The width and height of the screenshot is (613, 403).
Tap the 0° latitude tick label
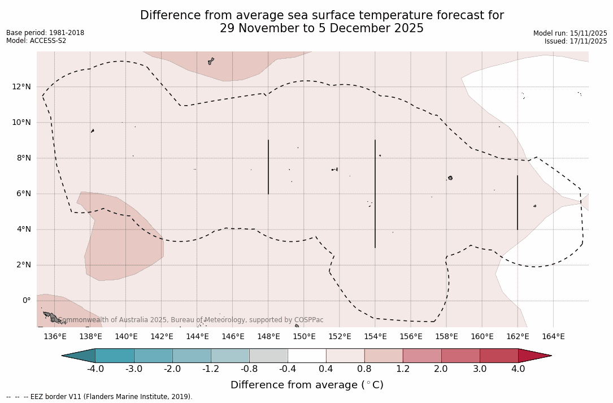27,301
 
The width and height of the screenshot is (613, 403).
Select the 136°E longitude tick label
55,337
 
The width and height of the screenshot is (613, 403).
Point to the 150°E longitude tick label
304,337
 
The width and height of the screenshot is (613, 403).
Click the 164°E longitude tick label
553,337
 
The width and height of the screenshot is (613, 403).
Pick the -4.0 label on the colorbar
95,369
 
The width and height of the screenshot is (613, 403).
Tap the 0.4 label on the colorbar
326,369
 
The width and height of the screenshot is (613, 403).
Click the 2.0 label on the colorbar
441,369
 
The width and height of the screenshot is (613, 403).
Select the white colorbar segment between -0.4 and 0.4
307,356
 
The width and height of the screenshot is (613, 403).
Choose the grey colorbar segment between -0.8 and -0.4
268,356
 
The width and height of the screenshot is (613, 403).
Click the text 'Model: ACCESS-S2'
36,41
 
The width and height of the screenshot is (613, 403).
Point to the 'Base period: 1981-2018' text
45,33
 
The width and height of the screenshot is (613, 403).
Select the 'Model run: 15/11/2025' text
570,33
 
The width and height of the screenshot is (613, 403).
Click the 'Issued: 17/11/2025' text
576,41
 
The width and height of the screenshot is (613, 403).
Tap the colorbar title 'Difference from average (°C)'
307,385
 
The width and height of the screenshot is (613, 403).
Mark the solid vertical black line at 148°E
268,167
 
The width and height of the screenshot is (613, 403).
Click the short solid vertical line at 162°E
518,202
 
